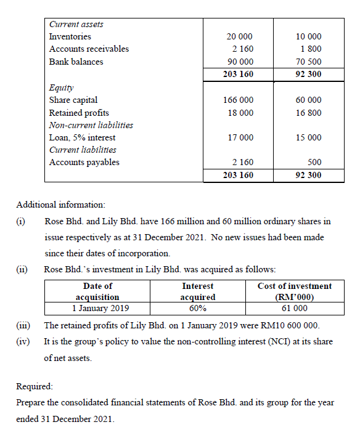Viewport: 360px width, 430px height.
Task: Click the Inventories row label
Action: (x=70, y=36)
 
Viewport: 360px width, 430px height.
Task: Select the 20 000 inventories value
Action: (x=239, y=37)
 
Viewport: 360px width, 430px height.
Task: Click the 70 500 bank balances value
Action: (x=308, y=62)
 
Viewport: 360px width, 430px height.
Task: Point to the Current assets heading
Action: (x=76, y=24)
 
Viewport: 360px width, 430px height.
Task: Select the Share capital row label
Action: (x=73, y=100)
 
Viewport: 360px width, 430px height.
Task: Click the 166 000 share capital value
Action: (x=238, y=100)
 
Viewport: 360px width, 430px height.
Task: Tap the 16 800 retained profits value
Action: (x=308, y=113)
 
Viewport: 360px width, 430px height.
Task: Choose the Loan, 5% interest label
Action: (x=82, y=137)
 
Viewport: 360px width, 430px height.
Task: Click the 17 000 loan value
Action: (x=240, y=138)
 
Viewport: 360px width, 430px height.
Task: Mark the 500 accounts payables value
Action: (x=314, y=163)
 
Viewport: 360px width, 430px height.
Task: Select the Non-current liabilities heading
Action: (x=91, y=125)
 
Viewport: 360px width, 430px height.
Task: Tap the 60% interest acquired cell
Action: (x=197, y=308)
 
